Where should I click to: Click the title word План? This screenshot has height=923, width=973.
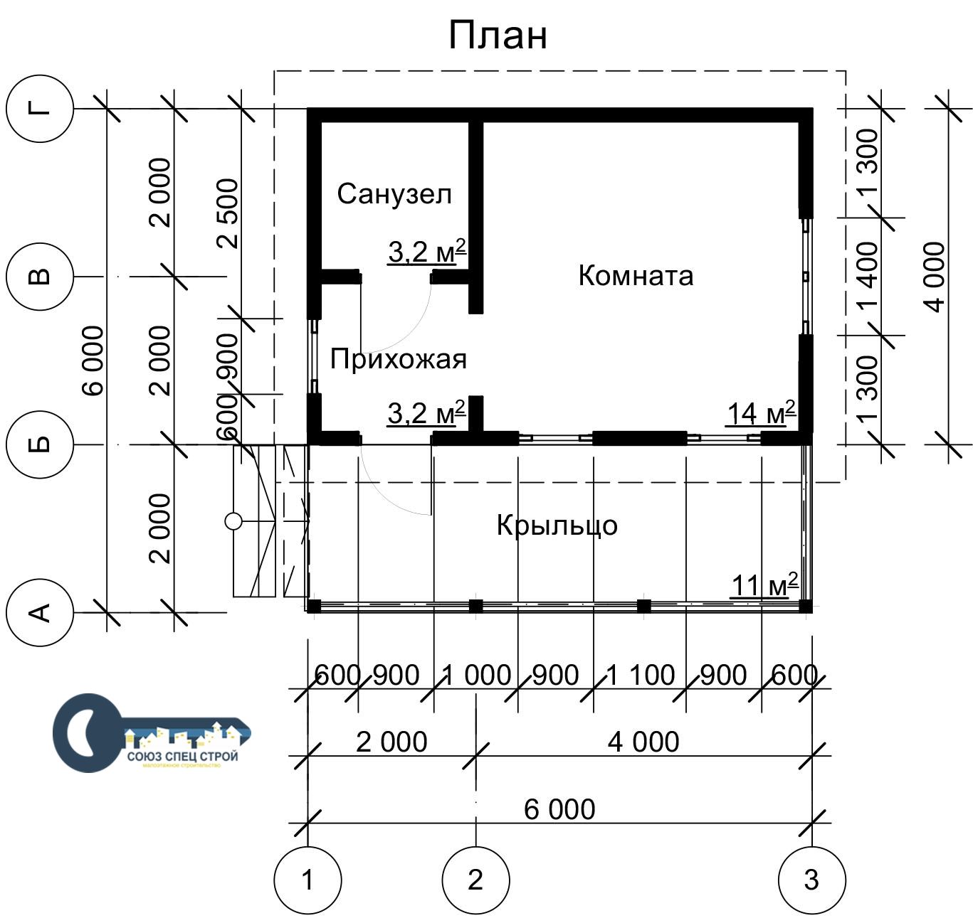[498, 35]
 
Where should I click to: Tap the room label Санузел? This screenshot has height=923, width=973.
[394, 193]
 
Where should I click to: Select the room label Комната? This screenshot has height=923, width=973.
[636, 275]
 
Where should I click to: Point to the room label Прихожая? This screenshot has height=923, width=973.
[399, 359]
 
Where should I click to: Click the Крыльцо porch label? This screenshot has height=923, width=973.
[557, 525]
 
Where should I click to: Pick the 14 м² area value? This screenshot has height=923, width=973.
[760, 413]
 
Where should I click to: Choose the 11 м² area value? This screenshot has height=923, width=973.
[764, 585]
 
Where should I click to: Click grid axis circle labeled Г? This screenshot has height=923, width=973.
[40, 109]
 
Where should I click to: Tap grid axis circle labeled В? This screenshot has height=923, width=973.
[40, 277]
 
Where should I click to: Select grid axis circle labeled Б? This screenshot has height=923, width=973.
[40, 444]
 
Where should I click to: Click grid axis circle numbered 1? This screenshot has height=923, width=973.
[307, 880]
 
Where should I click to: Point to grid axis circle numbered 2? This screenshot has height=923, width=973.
[475, 880]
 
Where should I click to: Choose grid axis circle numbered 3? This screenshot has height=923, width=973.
[812, 880]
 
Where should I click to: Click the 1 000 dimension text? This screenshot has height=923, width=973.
[476, 675]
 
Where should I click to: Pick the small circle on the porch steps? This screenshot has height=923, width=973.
[233, 521]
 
